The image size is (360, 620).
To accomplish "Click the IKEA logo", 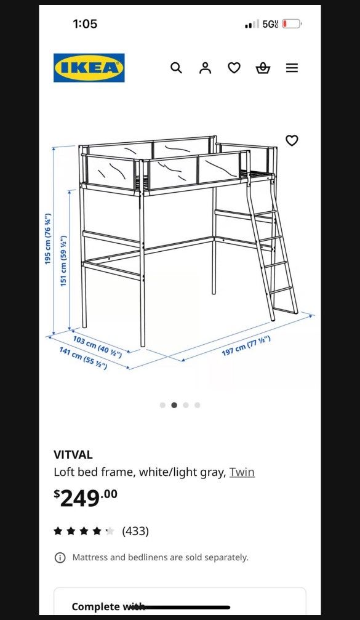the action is coord(89,68).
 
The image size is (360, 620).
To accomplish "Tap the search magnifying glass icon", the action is coord(176,68).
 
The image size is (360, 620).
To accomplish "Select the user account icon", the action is coord(205,68).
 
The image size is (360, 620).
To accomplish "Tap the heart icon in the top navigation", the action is coord(234,68).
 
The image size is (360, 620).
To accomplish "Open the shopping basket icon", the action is coord(263,68).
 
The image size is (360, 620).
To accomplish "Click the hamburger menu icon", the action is coord(292,68).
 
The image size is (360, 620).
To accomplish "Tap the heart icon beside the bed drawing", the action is coord(292,140).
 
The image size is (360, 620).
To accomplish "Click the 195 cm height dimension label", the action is coord(48,240).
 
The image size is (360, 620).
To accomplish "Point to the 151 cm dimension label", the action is coord(63,261).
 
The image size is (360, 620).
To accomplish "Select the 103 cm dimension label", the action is coord(97,347).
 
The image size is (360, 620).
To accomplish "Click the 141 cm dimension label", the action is coord(83,358).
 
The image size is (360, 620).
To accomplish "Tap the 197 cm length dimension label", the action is coord(246,345).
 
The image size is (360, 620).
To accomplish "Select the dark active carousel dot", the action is coord(174,405).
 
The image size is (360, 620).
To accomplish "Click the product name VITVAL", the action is coord(73,455).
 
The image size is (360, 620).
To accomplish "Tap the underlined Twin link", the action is coord(242,472).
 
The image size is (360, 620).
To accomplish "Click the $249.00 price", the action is coord(86,497).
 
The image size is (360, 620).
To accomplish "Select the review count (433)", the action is coord(135,531).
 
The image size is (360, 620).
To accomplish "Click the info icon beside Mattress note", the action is coord(60,558).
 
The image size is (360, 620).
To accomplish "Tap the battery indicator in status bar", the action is coord(292,24).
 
